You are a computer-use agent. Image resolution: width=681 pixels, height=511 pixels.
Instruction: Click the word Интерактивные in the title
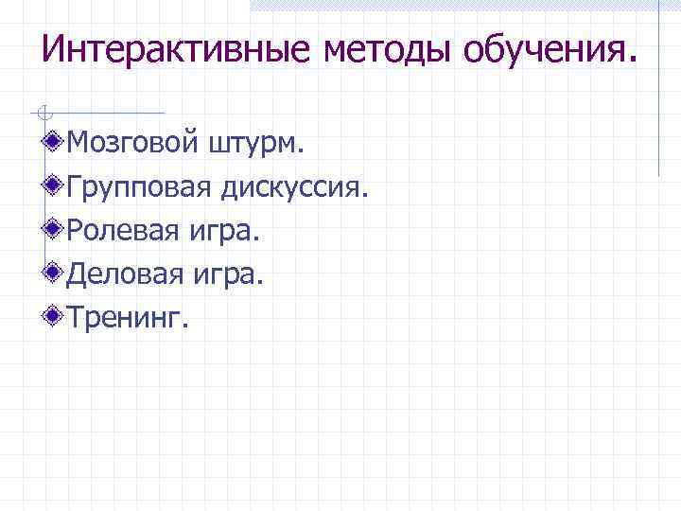click(x=176, y=49)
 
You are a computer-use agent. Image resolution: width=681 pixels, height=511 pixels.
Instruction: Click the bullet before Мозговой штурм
click(x=57, y=143)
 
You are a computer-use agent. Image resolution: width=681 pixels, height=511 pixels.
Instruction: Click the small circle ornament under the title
click(x=40, y=113)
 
